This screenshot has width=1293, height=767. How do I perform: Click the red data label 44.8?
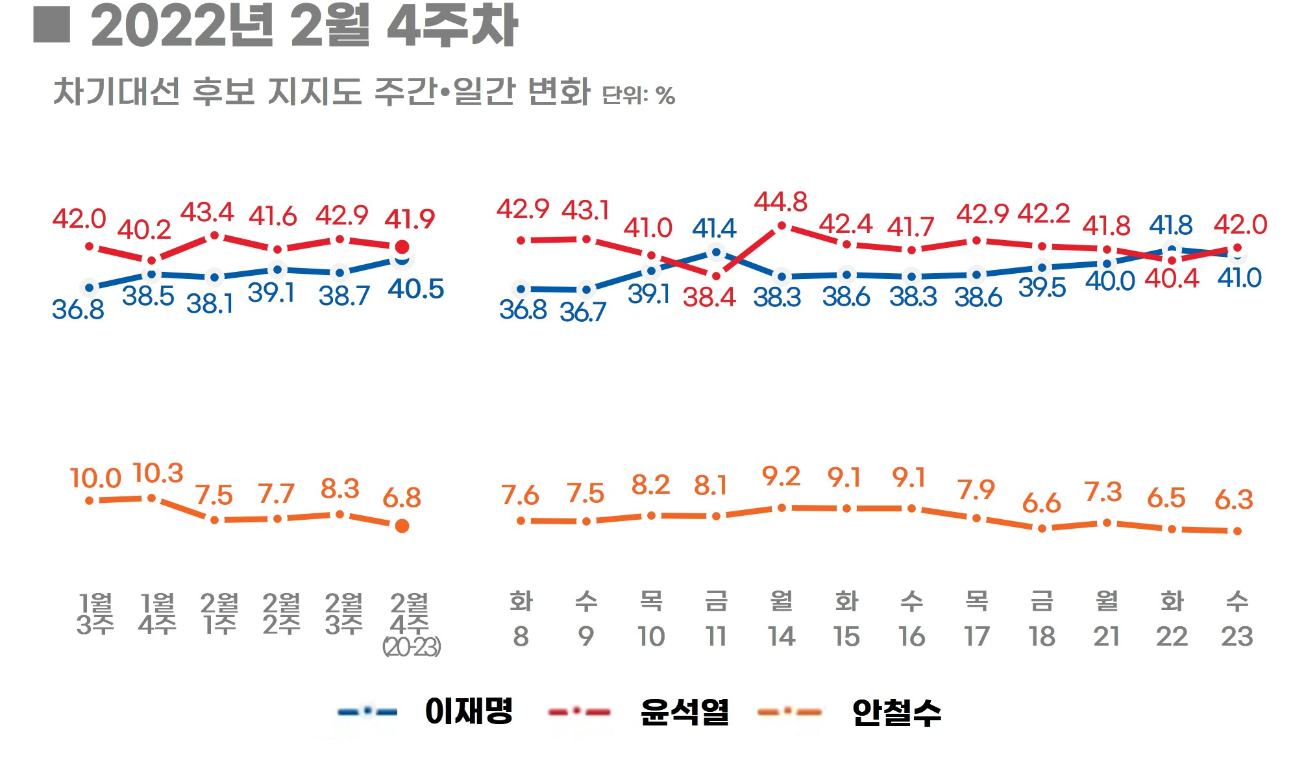tap(780, 202)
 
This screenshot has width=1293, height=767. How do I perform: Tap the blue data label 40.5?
tap(415, 289)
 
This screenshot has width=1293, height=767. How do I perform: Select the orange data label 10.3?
tap(158, 474)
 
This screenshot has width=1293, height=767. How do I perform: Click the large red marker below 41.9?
tap(402, 247)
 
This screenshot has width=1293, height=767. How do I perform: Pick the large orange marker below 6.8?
tap(402, 526)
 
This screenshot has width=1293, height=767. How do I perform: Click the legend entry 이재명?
tap(469, 711)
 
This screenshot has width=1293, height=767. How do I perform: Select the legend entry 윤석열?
tap(684, 712)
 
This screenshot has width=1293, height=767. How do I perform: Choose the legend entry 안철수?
tap(896, 712)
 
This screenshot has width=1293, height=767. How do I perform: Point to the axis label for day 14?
tap(782, 637)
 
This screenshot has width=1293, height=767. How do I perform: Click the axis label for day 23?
tap(1237, 637)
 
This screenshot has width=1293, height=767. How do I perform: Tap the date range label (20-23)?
tap(412, 647)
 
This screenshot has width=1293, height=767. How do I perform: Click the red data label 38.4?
tap(709, 297)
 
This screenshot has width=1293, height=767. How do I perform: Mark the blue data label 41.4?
tap(714, 228)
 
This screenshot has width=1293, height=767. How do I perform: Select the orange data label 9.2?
tap(781, 477)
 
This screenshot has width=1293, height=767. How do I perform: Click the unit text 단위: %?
tap(639, 95)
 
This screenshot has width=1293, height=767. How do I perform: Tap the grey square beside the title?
tap(51, 25)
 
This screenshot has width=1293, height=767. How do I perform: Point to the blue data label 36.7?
tap(583, 313)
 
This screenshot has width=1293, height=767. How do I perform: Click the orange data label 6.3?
tap(1233, 500)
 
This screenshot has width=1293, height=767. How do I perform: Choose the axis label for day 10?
tap(651, 637)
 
